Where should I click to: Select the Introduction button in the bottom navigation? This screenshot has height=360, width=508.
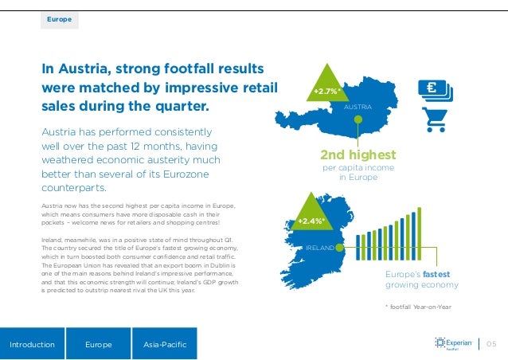(32, 344)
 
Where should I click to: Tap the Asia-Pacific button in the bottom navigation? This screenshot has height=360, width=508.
(164, 344)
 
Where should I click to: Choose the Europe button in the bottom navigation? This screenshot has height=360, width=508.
(99, 344)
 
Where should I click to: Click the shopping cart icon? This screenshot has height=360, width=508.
(436, 119)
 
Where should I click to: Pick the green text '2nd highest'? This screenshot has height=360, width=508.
(358, 155)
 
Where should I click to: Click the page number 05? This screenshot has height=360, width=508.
(490, 344)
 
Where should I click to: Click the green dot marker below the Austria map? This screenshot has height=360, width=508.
(358, 121)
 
